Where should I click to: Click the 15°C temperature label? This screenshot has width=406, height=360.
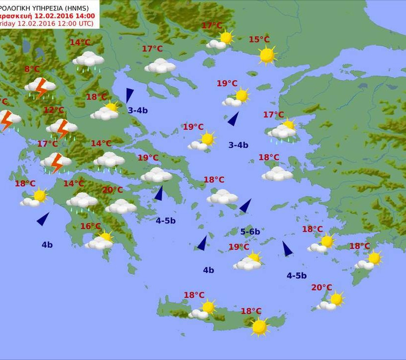(x=259, y=40)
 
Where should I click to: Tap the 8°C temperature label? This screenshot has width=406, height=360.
(x=32, y=69)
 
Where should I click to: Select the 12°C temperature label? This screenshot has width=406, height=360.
(x=53, y=110)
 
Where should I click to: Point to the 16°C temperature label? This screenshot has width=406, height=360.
(x=91, y=226)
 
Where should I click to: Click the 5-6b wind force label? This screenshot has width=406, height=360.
(x=250, y=231)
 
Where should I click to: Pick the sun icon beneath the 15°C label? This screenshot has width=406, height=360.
(x=267, y=55)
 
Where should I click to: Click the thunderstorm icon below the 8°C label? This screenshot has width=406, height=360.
(x=40, y=88)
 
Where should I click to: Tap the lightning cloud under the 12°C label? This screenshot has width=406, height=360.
(x=62, y=128)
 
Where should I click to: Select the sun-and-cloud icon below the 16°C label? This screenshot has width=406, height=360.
(x=100, y=241)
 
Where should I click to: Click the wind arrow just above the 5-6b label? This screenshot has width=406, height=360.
(x=245, y=206)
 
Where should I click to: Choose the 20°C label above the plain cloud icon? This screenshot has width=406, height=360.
(x=112, y=190)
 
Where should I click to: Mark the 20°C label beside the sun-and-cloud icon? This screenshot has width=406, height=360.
(x=321, y=287)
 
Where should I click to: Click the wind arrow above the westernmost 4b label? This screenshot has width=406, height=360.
(x=43, y=218)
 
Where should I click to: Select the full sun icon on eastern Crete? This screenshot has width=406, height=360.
(x=259, y=326)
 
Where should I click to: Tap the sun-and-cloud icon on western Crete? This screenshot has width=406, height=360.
(x=203, y=309)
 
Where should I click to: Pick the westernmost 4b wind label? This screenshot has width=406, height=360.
(x=47, y=244)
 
